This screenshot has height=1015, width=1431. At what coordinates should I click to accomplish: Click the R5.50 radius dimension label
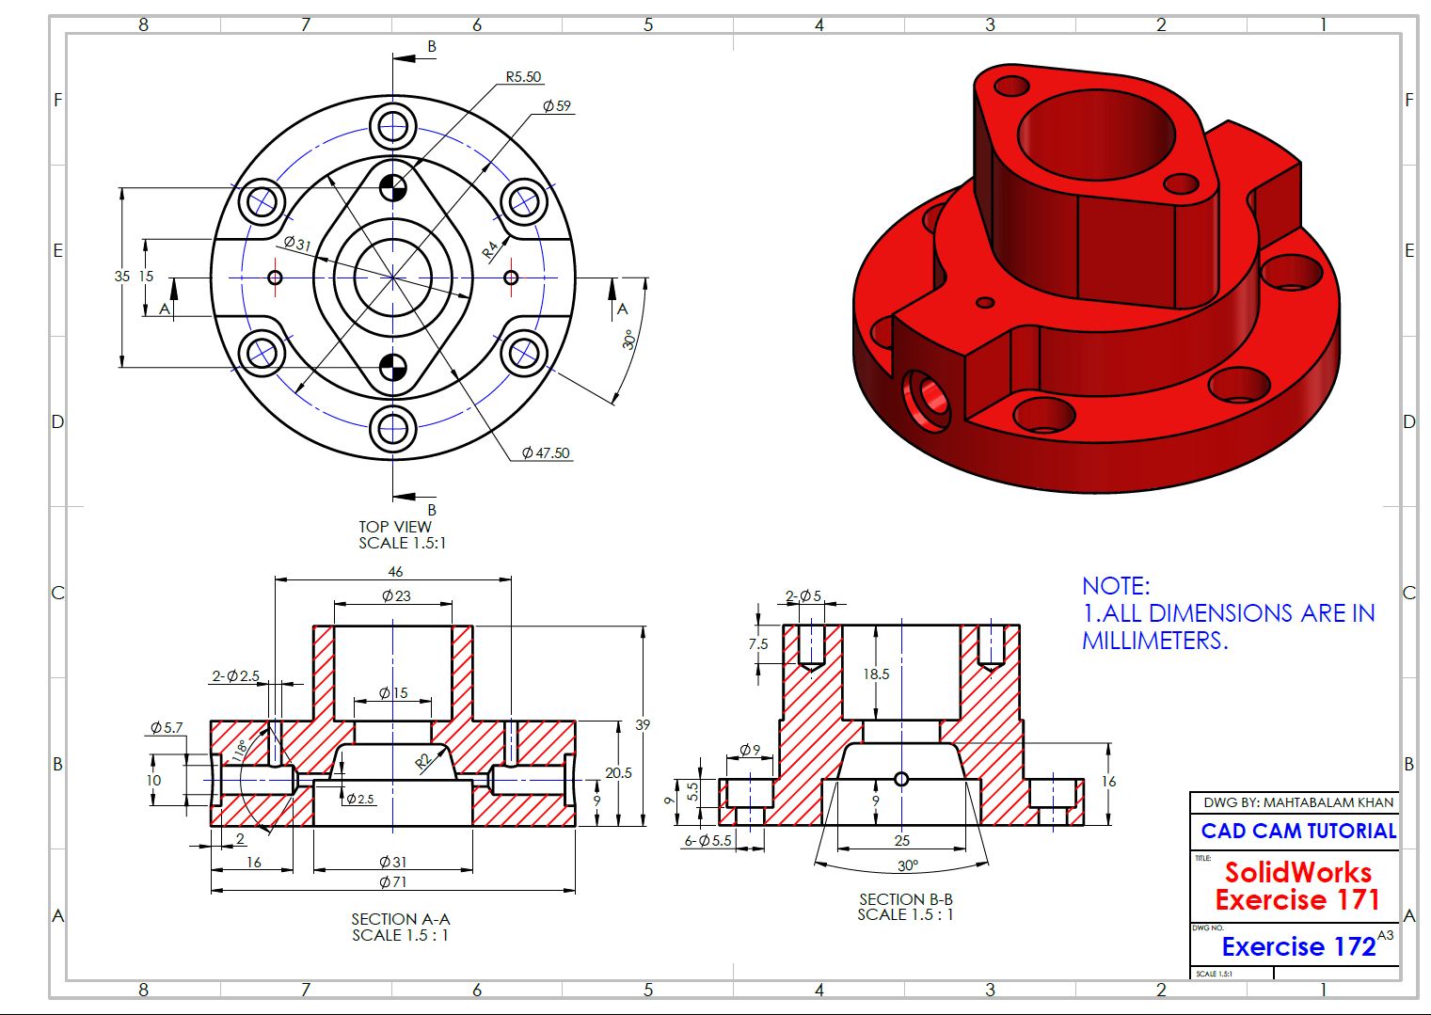[x=523, y=77]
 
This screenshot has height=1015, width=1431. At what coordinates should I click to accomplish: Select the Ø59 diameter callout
[x=557, y=106]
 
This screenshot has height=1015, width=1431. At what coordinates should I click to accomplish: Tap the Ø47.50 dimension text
[x=546, y=452]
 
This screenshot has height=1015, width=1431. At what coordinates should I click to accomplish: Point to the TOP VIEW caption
[x=395, y=527]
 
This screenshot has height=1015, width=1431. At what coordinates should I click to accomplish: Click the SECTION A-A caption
[x=401, y=919]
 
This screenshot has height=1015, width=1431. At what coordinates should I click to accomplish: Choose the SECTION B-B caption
[x=906, y=899]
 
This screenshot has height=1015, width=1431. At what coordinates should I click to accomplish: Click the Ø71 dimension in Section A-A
[x=392, y=881]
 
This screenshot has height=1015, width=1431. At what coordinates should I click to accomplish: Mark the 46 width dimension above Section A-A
[x=395, y=572]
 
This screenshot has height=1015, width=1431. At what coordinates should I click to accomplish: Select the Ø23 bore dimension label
[x=396, y=595]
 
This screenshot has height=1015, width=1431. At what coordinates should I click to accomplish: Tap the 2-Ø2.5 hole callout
[x=235, y=675]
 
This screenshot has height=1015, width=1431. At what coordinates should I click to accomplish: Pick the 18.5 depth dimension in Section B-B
[x=876, y=674]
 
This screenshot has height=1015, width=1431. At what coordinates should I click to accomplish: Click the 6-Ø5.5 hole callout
[x=708, y=841]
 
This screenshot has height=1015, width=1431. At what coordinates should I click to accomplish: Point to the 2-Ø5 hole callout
[x=803, y=595]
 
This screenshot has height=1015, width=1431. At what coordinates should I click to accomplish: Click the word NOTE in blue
[x=1116, y=586]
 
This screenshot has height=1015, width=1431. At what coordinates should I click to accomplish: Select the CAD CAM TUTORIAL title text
[x=1298, y=831]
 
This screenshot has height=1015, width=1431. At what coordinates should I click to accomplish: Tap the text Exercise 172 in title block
[x=1298, y=946]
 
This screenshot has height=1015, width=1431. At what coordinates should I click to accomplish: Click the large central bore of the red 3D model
[x=1096, y=136]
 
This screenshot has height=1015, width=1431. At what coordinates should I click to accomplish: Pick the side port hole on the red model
[x=927, y=400]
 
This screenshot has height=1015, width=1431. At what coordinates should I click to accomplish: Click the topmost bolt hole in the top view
[x=392, y=125]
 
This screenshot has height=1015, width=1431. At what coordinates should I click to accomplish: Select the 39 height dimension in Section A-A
[x=643, y=724]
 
